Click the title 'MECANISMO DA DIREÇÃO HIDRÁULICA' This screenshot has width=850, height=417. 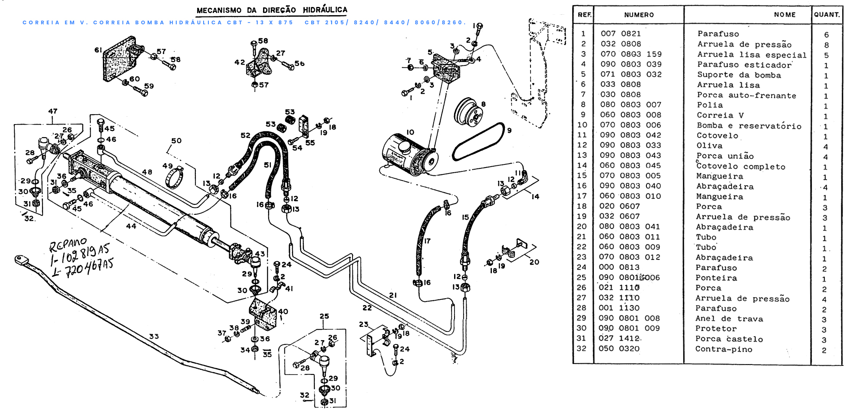coord(272,10)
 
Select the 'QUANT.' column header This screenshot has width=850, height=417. coord(827,15)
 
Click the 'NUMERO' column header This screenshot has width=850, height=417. coord(639,15)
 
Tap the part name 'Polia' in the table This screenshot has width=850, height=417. coord(710,105)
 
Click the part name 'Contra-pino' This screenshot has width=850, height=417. coord(723,349)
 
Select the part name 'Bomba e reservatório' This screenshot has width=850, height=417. coord(749,126)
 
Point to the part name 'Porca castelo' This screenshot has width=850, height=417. coord(729,339)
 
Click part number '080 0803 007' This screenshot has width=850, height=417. coord(630,105)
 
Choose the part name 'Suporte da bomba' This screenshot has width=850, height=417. coord(739,75)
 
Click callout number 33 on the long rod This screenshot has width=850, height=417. coord(154,336)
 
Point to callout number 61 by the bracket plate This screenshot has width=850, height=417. coord(98,50)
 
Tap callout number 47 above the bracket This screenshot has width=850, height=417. coord(53,111)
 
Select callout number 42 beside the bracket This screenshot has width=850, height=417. coord(239,62)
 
